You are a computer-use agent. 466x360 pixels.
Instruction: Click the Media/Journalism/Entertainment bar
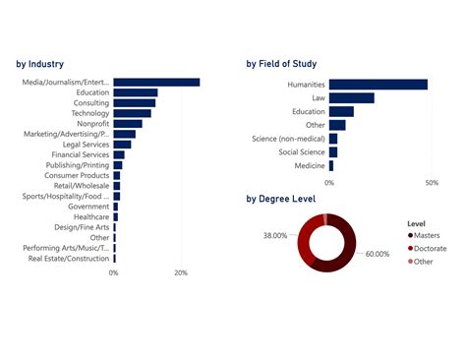tap(156, 83)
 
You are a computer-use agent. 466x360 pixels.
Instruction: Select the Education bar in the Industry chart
tap(136, 92)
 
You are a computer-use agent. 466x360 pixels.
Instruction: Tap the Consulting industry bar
tap(135, 103)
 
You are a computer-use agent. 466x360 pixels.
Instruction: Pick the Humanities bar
tap(378, 85)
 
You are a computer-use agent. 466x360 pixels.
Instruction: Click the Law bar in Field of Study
tap(351, 98)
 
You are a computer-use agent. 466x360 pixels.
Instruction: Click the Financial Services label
tap(81, 155)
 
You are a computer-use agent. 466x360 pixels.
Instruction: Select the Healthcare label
tap(89, 217)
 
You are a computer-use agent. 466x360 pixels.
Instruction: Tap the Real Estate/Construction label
tap(69, 259)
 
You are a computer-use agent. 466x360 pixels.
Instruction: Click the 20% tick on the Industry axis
tap(180, 272)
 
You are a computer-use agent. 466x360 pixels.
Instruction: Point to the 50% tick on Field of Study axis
tap(431, 183)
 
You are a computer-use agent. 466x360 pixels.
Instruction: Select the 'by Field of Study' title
tap(295, 64)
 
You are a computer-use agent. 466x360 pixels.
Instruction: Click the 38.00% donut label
tap(274, 236)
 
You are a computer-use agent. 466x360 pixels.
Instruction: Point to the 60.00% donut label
tap(378, 254)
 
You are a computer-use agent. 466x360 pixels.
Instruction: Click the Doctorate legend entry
tap(431, 248)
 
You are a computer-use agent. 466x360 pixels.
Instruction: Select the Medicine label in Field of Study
tap(309, 165)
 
